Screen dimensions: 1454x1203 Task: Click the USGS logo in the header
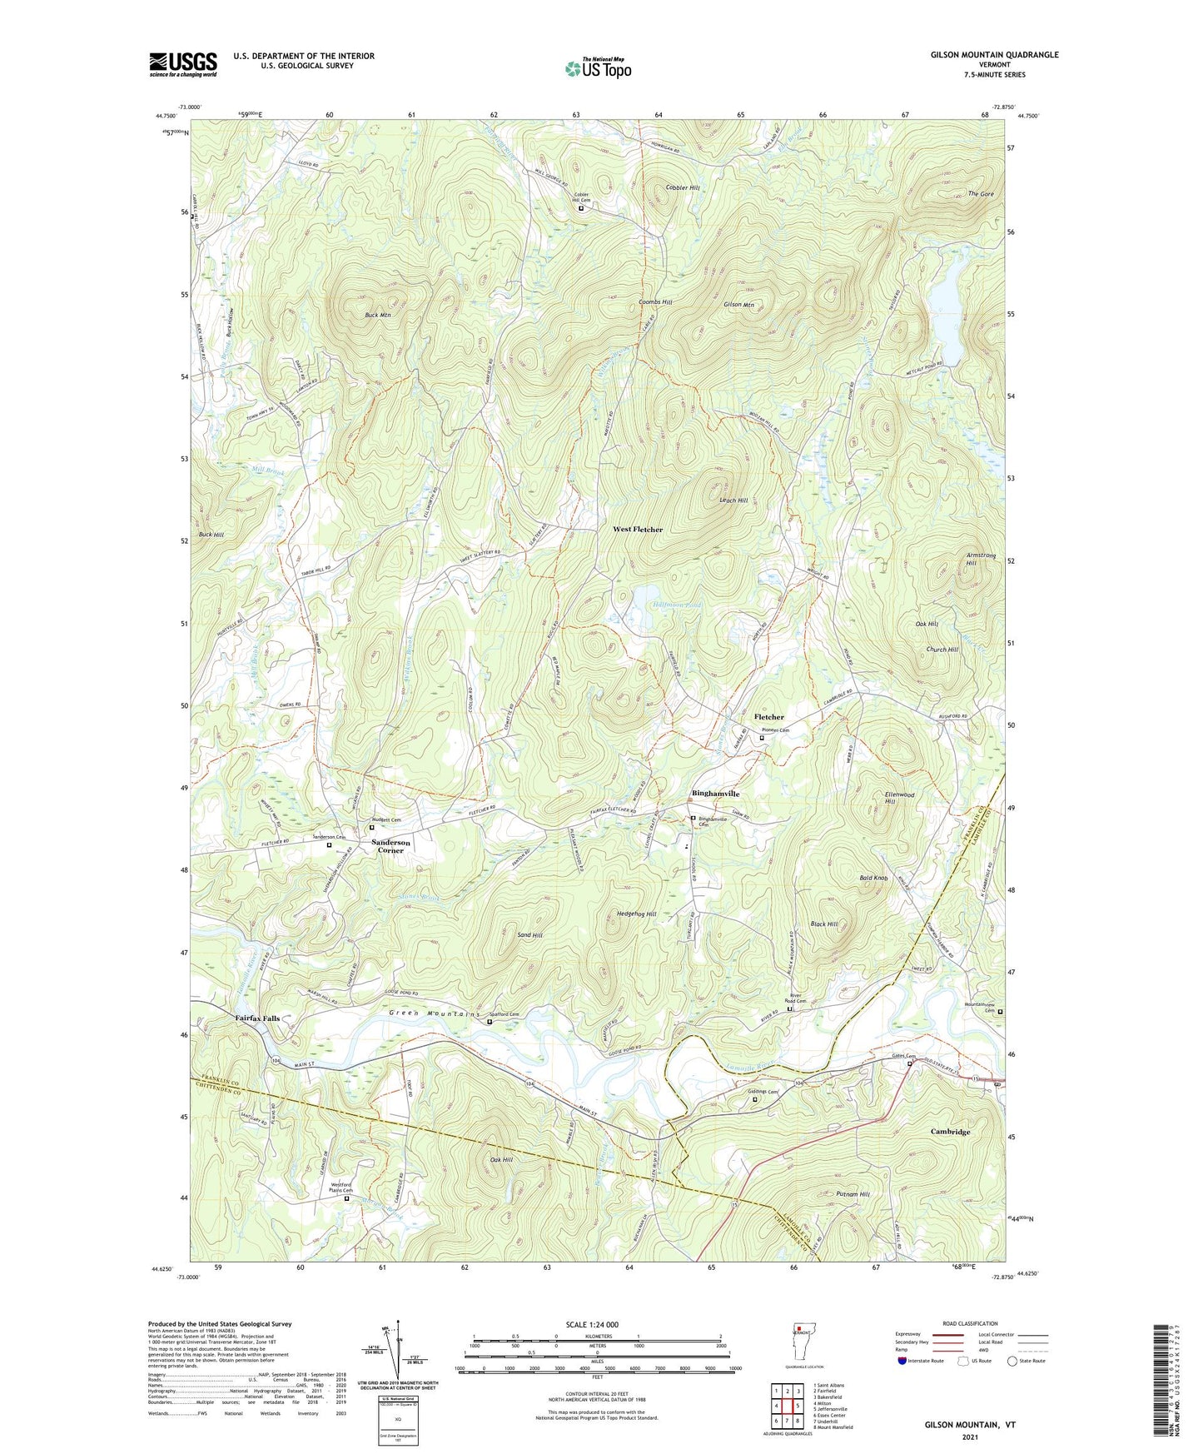pyautogui.click(x=183, y=64)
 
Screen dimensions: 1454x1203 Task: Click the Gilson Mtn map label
pyautogui.click(x=738, y=306)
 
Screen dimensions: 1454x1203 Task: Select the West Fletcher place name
pyautogui.click(x=638, y=530)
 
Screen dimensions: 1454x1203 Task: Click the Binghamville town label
pyautogui.click(x=715, y=794)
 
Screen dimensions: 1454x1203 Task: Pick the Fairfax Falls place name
pyautogui.click(x=257, y=1018)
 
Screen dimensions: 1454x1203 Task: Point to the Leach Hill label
pyautogui.click(x=733, y=500)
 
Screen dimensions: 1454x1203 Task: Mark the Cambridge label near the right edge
pyautogui.click(x=950, y=1132)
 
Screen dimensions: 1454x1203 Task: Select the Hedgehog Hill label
pyautogui.click(x=637, y=914)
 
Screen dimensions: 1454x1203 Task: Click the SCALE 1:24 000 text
pyautogui.click(x=596, y=1324)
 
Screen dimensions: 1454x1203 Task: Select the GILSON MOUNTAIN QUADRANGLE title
pyautogui.click(x=994, y=55)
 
